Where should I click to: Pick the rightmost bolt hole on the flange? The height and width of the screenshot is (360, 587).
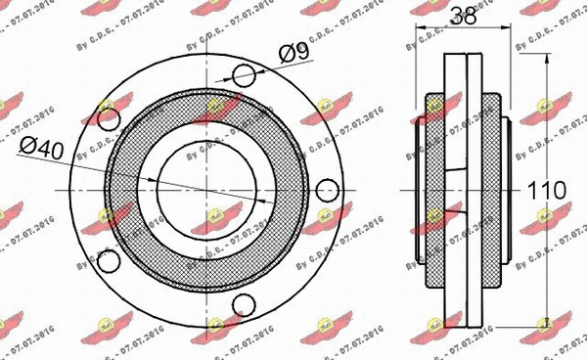tap(328, 190)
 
